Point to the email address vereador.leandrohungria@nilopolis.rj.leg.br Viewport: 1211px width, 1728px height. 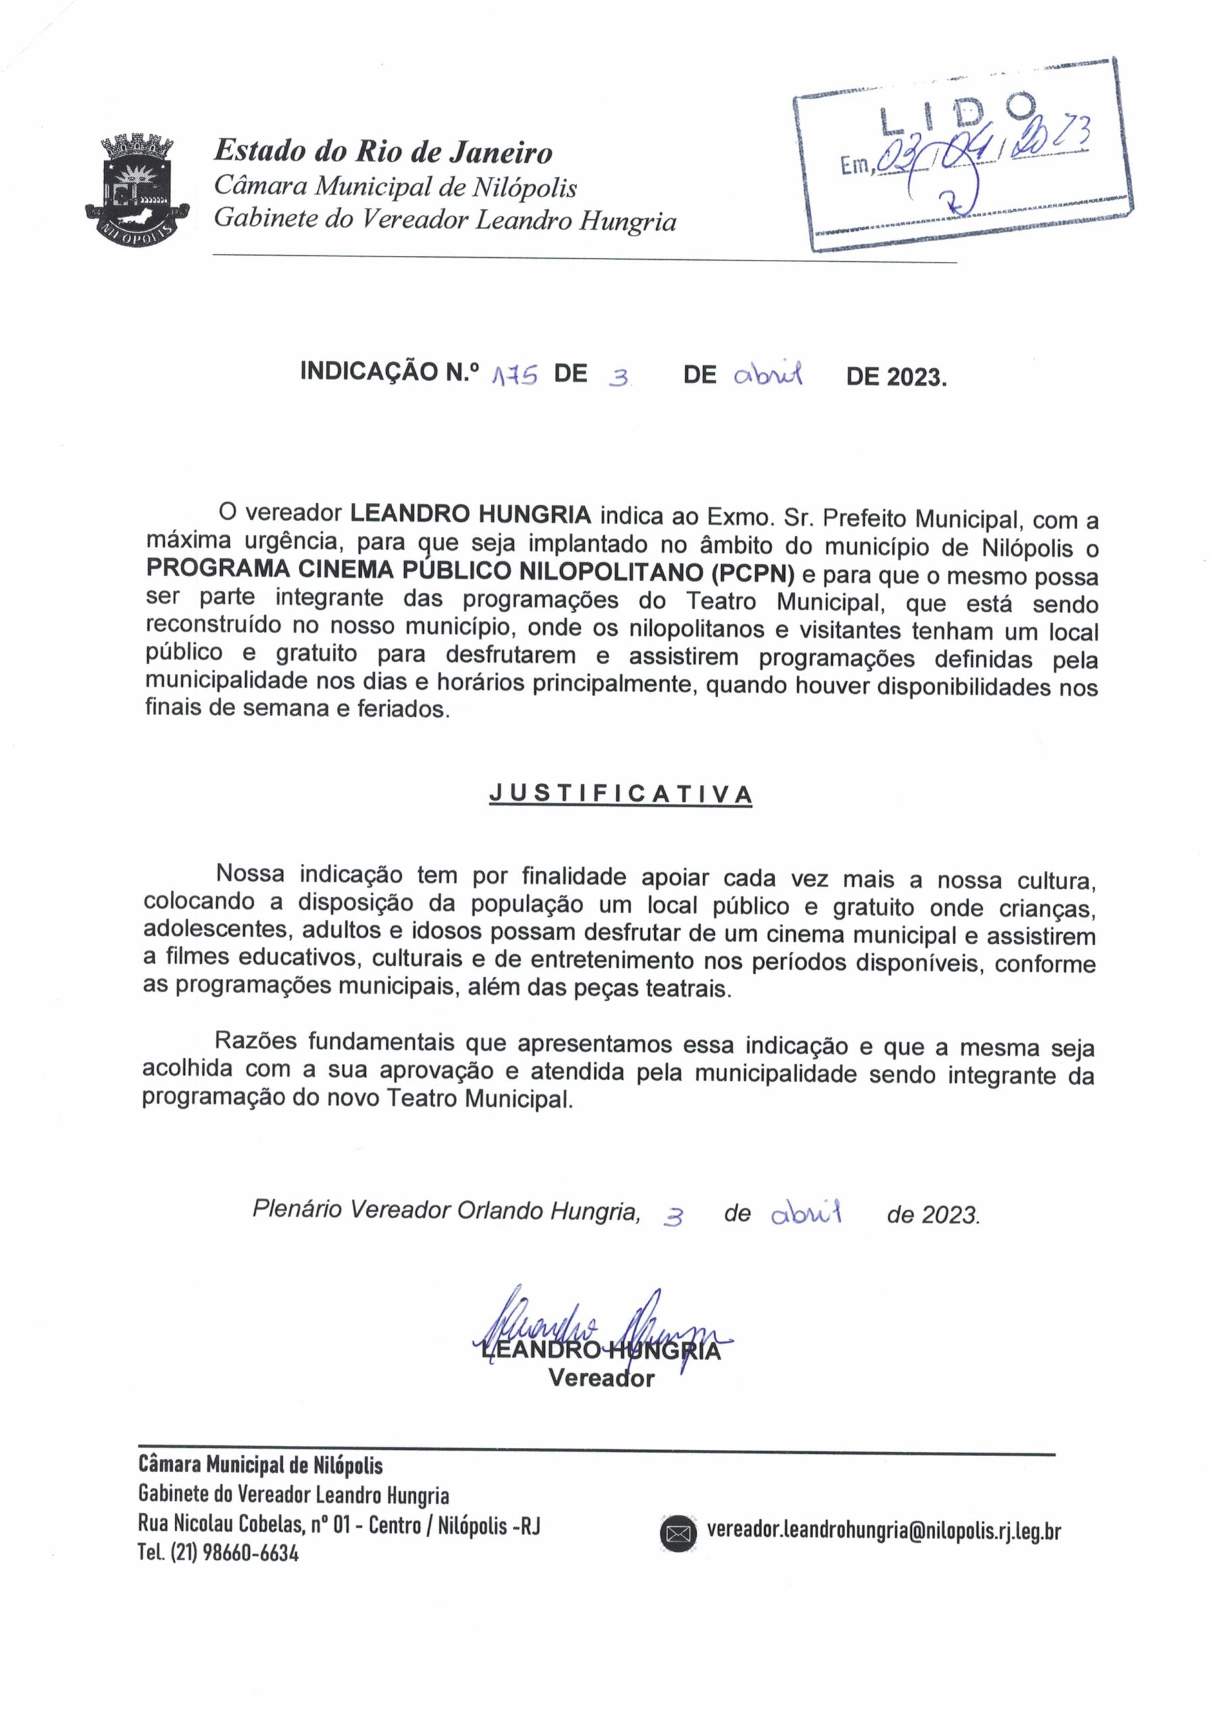tap(884, 1530)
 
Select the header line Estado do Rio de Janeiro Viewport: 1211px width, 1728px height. tap(383, 152)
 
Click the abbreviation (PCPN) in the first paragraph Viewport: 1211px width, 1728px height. tap(752, 574)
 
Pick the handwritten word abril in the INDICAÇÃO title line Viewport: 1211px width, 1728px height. tap(768, 373)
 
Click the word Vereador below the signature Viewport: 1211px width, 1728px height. tap(601, 1379)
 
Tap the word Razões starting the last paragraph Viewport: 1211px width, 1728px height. tap(258, 1041)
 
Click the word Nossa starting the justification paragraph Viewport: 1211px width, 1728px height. tap(250, 873)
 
